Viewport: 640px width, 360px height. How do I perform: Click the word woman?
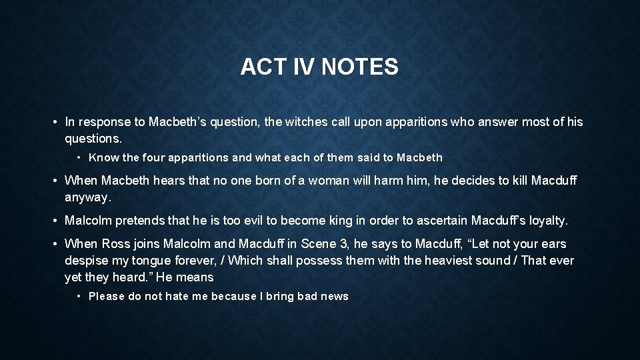click(327, 181)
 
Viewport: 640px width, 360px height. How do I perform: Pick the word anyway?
click(87, 197)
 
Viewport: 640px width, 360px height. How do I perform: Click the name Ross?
click(116, 244)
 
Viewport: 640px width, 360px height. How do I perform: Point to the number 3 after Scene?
click(352, 244)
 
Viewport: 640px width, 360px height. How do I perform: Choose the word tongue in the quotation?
click(171, 261)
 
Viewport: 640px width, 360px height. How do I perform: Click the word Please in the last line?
click(106, 297)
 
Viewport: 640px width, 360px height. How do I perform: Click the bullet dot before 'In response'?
click(53, 122)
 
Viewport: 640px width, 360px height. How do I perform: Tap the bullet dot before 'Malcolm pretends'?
click(53, 221)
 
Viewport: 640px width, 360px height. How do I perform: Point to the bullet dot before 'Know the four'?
click(79, 158)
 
